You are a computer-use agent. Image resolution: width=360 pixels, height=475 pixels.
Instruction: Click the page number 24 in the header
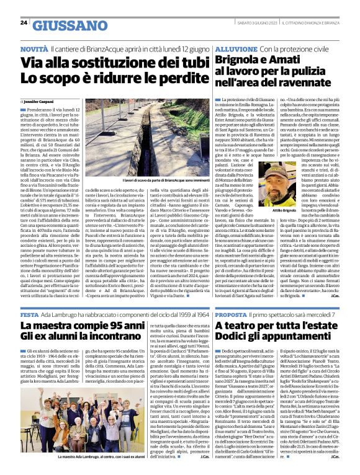click(24, 23)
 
